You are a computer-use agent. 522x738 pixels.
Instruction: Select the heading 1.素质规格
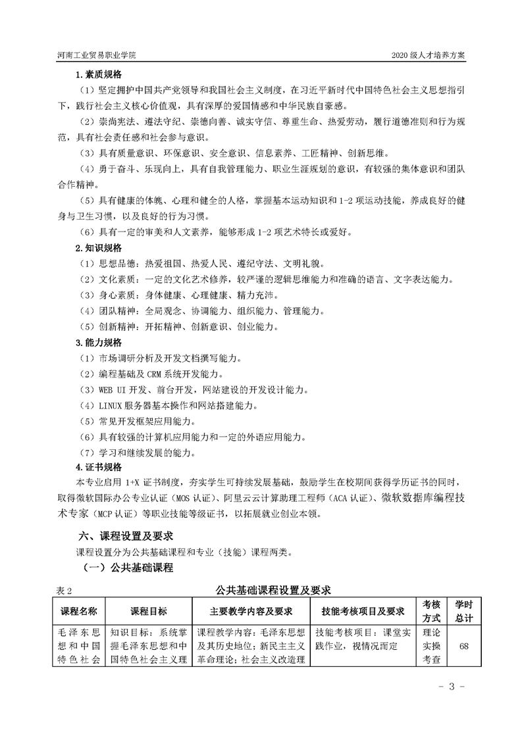tap(99, 74)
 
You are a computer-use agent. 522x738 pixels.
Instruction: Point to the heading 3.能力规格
tap(99, 342)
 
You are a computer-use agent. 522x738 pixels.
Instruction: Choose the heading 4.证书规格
tap(99, 468)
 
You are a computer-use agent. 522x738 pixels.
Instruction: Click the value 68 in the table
tap(464, 647)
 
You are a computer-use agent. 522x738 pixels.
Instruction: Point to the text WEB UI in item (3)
tap(113, 389)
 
